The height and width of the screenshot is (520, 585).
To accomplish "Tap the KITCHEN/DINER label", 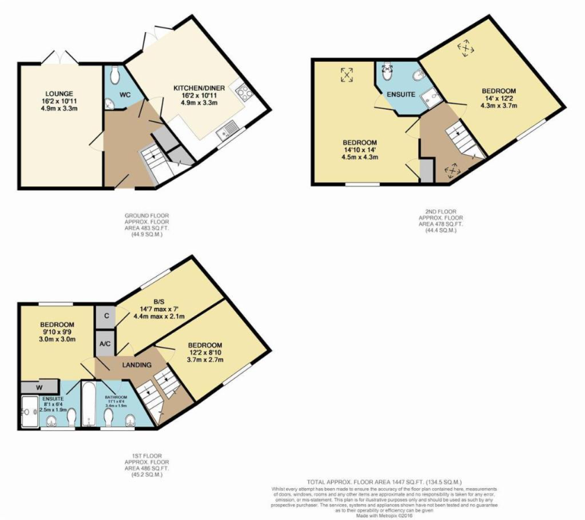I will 202,88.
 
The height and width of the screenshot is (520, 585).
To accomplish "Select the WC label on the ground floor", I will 126,93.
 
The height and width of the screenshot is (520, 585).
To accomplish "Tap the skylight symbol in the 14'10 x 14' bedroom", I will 346,75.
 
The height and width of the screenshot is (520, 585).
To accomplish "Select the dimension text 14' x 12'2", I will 500,99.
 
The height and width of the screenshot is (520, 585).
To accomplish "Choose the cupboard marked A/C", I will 104,344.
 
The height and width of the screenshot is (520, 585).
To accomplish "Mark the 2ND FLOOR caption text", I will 441,211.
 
